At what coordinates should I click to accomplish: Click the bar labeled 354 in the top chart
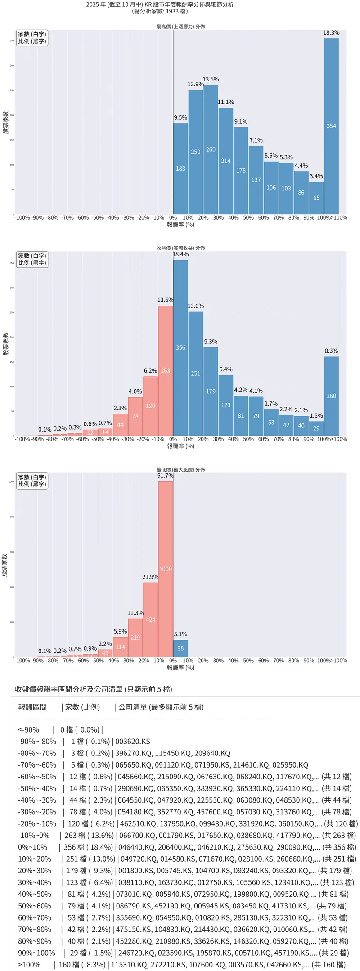(331, 126)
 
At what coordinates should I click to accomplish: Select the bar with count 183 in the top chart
(180, 169)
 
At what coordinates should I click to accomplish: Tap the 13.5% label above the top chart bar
(211, 80)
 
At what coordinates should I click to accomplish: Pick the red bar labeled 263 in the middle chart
(166, 371)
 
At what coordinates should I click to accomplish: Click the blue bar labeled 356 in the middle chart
(180, 347)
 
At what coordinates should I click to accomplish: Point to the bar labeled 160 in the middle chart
(331, 396)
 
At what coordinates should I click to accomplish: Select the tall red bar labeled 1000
(166, 569)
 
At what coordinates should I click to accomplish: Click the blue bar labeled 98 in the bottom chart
(180, 648)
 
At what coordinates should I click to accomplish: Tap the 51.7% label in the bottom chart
(166, 476)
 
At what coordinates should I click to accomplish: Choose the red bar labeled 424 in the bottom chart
(150, 620)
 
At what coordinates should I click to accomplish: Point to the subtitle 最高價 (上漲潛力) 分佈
(180, 27)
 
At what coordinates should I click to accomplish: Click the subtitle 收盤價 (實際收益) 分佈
(180, 248)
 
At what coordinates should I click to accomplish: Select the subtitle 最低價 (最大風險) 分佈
(180, 469)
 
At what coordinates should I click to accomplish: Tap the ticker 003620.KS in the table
(133, 742)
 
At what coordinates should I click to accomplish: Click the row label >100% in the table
(29, 964)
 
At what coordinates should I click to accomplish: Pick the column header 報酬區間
(32, 707)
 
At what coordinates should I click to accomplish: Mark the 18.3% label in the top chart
(331, 33)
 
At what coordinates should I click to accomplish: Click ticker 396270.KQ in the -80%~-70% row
(134, 753)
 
